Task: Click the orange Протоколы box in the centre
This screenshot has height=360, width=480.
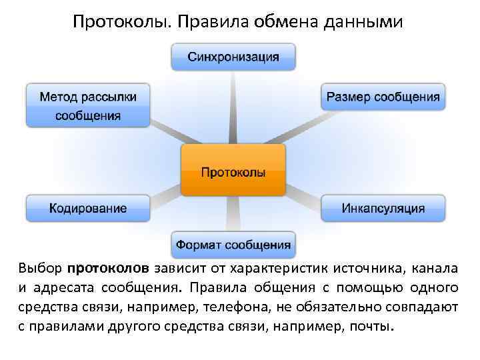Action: click(233, 171)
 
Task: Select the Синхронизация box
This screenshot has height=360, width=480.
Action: click(233, 57)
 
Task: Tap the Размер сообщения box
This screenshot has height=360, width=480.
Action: click(383, 97)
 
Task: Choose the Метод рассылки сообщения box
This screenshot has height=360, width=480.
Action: click(88, 105)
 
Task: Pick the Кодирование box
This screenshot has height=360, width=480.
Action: click(87, 208)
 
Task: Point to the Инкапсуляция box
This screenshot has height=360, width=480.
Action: click(383, 208)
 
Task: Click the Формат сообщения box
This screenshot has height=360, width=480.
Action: click(233, 245)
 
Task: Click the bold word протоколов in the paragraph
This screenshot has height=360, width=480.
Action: click(108, 270)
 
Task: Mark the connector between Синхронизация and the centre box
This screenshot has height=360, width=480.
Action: click(233, 107)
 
